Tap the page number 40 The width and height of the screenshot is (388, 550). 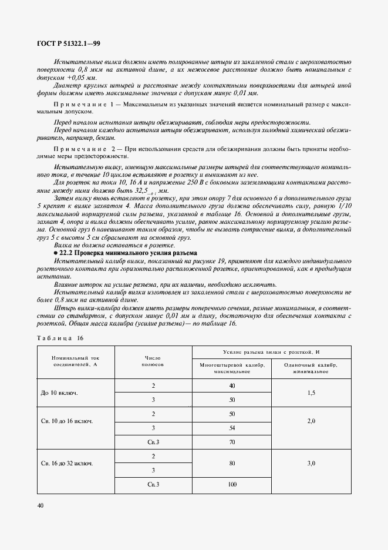40,505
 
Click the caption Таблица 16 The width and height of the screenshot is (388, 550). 60,338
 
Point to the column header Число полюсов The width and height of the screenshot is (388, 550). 153,360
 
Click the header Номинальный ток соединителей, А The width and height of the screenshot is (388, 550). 76,360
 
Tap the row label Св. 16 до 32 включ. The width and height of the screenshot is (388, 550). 67,463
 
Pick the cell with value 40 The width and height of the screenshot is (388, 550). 232,385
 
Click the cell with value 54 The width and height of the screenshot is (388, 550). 232,428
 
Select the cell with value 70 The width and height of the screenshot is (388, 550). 232,441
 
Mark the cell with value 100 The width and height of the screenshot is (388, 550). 232,484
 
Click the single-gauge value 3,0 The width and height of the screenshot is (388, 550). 311,463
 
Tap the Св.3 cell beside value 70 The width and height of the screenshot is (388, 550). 153,441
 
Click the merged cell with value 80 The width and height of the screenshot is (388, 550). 232,463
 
